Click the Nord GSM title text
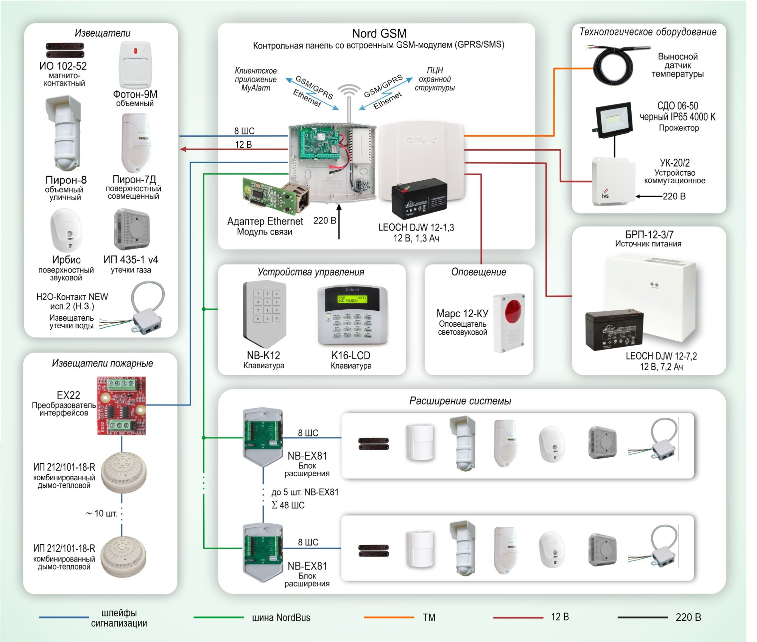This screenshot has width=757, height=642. (379, 34)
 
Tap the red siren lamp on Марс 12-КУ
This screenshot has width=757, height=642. (513, 311)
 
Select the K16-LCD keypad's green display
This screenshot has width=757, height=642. (352, 299)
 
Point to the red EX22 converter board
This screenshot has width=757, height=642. (121, 405)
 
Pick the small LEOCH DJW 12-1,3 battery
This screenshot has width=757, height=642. (419, 198)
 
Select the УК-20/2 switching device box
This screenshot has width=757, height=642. (613, 181)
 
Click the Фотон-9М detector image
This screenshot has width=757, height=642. (135, 65)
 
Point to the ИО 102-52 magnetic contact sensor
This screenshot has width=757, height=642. (65, 50)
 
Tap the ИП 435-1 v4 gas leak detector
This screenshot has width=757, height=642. (131, 229)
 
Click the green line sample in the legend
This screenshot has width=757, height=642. (218, 617)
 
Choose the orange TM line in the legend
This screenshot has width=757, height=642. (389, 617)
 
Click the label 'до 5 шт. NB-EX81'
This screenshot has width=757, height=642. (305, 492)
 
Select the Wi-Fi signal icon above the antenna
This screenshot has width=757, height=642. (349, 91)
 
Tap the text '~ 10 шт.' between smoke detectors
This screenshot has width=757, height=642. (101, 514)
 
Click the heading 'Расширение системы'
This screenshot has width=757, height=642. (460, 401)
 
